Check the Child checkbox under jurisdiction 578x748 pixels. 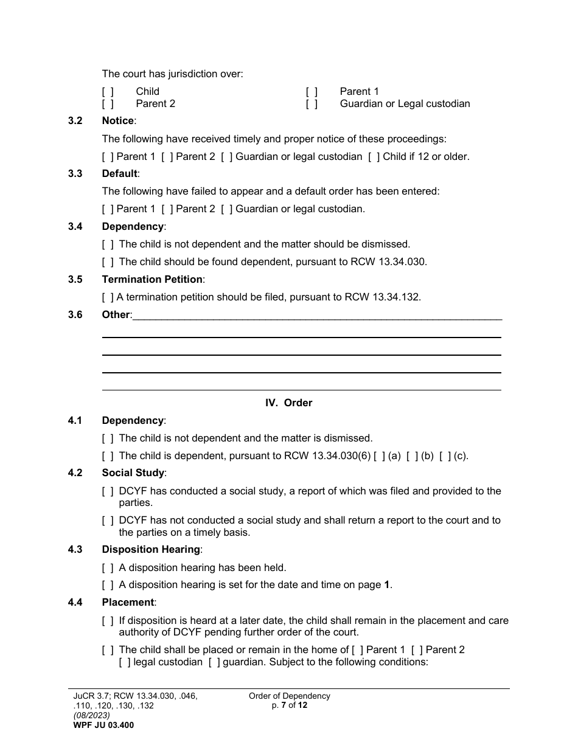(108, 92)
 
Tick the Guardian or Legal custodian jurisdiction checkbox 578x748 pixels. (312, 104)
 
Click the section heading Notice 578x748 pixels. (118, 121)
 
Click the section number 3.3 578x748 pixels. (75, 174)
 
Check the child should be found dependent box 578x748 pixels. (108, 262)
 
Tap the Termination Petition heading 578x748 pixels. (152, 280)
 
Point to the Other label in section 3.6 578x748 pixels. (116, 315)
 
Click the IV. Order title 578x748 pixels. (288, 403)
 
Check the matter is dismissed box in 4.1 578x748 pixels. (108, 438)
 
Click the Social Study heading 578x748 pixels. (133, 473)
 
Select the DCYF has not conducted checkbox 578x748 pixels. (108, 521)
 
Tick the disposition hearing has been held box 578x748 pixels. (108, 568)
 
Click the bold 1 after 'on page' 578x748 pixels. (387, 586)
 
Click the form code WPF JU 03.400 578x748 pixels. (103, 725)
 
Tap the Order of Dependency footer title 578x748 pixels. (290, 696)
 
